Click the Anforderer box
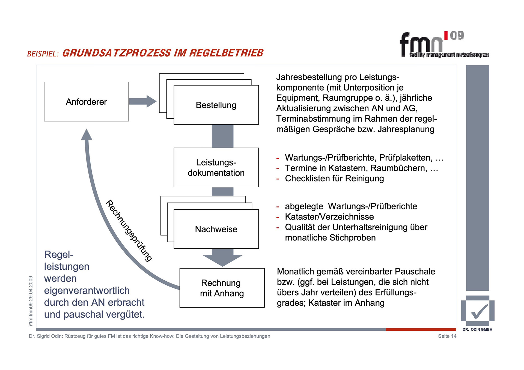pos(86,102)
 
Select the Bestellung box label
pos(216,105)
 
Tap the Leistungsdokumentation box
pos(216,167)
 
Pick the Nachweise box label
pos(216,229)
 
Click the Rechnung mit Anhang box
pos(222,288)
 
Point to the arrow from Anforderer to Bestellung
pos(142,101)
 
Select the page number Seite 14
pos(447,336)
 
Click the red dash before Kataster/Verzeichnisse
pos(278,217)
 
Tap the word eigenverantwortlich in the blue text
pos(87,290)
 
